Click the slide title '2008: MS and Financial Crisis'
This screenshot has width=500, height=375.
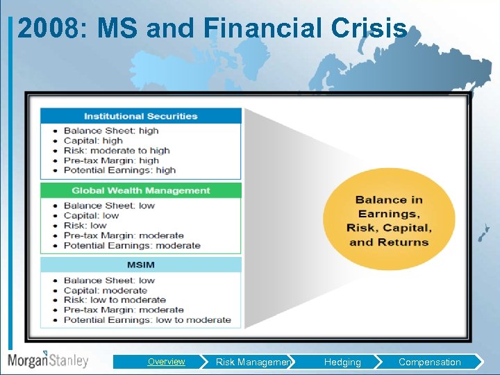[212, 28]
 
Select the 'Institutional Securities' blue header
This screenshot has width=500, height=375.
[141, 116]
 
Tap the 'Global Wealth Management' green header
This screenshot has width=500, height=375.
[141, 190]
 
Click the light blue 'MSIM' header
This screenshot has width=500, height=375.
[141, 265]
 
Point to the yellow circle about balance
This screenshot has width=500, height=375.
[389, 221]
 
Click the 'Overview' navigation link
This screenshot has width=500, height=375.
[166, 362]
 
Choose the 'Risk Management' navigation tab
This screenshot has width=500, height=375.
[253, 362]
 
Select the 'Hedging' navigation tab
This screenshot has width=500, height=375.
[342, 362]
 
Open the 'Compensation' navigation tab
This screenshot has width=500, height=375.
[429, 362]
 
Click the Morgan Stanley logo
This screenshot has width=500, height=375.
[48, 360]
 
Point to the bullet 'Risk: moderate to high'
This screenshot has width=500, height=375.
[117, 150]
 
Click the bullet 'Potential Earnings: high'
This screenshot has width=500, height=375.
[119, 170]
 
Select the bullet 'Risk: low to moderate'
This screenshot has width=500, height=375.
[115, 300]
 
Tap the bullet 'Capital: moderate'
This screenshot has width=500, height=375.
[105, 290]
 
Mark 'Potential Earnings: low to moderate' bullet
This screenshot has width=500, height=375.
[147, 320]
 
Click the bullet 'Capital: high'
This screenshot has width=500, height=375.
[93, 140]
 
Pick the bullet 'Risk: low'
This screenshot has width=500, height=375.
[85, 225]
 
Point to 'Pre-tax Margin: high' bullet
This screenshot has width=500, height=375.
[111, 160]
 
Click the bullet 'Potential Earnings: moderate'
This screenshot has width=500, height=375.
[132, 245]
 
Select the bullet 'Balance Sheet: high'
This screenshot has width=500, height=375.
[111, 131]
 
